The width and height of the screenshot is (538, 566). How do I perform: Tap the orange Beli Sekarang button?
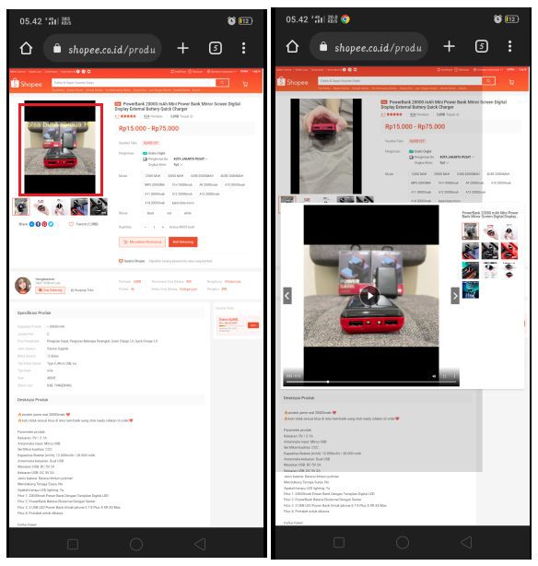[183, 242]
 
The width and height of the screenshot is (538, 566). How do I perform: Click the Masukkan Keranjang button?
[141, 242]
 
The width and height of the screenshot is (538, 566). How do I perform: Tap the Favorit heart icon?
[72, 224]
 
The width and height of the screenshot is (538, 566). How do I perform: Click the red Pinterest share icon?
[42, 224]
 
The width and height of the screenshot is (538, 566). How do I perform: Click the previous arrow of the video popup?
[287, 295]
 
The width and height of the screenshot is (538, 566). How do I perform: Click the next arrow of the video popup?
[454, 295]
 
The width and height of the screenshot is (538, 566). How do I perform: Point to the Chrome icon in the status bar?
[345, 18]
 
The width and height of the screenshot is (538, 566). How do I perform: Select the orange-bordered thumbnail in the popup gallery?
[470, 230]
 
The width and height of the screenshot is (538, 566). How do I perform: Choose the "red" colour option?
[170, 212]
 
